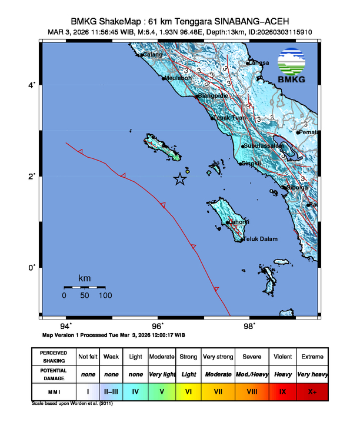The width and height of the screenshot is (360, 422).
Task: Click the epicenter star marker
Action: pyautogui.click(x=180, y=180)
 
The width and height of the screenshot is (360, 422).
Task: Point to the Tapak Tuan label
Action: pyautogui.click(x=229, y=118)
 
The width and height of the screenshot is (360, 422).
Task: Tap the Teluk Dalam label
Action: pyautogui.click(x=259, y=239)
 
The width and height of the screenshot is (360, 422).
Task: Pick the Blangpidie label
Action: pyautogui.click(x=212, y=95)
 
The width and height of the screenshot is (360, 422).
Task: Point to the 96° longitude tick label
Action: pyautogui.click(x=158, y=325)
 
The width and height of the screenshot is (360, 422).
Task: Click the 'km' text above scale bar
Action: pyautogui.click(x=84, y=278)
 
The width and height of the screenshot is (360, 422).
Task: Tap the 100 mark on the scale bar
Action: pyautogui.click(x=105, y=295)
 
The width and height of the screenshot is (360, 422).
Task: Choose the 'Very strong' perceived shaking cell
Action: pyautogui.click(x=218, y=357)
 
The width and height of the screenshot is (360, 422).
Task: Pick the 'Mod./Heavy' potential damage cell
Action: pyautogui.click(x=251, y=374)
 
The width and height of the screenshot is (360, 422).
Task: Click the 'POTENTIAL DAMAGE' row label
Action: pyautogui.click(x=53, y=374)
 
